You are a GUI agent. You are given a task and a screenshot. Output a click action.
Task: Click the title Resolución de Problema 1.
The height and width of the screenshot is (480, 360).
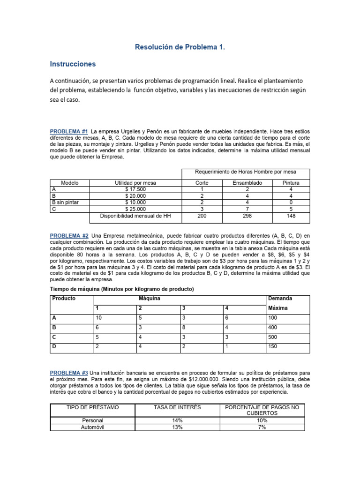(x=180, y=47)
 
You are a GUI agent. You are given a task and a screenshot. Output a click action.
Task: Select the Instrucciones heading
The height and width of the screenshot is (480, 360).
(x=73, y=64)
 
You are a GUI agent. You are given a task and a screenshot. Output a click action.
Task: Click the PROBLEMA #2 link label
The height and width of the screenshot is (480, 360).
(x=69, y=235)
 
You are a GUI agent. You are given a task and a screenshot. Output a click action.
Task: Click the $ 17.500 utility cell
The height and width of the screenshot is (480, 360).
(x=135, y=189)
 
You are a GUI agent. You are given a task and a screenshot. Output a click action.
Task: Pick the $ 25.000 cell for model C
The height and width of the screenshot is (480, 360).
(x=135, y=209)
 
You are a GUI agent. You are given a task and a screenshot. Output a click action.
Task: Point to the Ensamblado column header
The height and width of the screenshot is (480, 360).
(x=247, y=183)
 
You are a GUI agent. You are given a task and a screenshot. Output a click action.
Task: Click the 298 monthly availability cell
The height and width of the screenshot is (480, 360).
(x=247, y=216)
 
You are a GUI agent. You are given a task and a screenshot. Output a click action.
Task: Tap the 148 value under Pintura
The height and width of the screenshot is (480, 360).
(x=291, y=216)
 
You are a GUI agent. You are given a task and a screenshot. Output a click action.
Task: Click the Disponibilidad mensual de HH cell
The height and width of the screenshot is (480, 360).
(x=135, y=216)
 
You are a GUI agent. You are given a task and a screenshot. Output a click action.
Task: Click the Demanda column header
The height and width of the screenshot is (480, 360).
(x=279, y=298)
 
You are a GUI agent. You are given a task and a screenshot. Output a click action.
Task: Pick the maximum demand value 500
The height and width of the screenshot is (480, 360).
(x=273, y=337)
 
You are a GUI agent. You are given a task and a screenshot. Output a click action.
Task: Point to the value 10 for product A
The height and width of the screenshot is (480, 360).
(x=99, y=317)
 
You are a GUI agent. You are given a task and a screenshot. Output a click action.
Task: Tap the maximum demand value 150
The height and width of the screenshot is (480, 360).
(x=273, y=347)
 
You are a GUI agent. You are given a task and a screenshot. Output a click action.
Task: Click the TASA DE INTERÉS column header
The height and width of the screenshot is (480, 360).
(x=177, y=407)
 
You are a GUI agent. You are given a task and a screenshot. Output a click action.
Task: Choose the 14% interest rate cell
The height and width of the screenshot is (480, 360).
(x=177, y=421)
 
